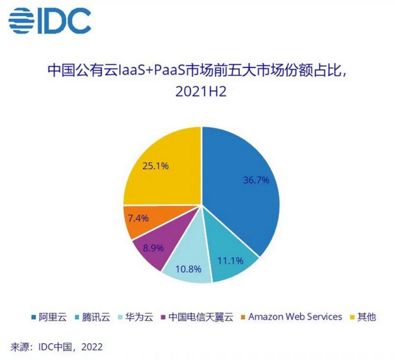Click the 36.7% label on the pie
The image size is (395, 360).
256,180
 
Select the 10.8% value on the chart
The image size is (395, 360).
188,269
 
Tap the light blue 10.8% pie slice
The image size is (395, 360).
187,261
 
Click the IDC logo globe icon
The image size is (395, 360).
20,20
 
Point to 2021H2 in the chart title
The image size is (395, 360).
201,92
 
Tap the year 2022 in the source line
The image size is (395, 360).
91,347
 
